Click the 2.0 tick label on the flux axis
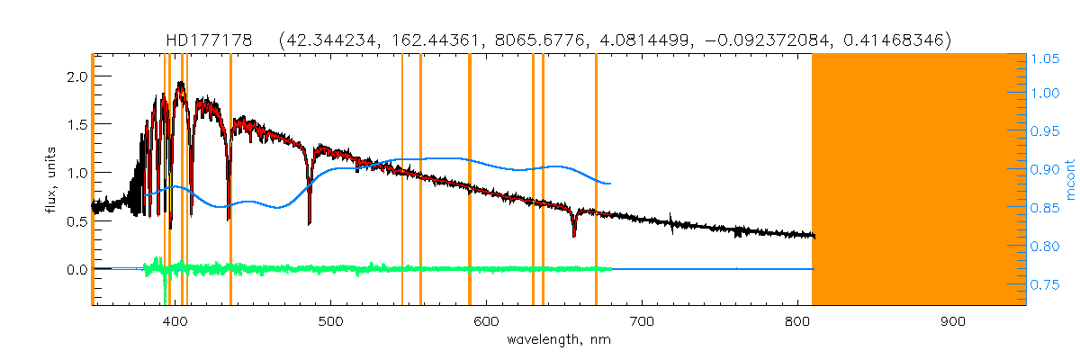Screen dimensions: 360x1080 click(78, 76)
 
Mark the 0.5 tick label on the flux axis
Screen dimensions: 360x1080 click(78, 221)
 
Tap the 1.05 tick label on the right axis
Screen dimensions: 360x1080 click(1045, 59)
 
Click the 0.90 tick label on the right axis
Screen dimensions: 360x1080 click(1045, 172)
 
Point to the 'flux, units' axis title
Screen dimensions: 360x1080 click(51, 179)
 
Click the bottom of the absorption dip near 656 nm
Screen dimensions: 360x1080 click(574, 236)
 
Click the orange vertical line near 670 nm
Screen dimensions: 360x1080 click(596, 180)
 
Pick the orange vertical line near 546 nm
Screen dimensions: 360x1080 click(402, 180)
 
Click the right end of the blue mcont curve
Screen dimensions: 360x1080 click(611, 184)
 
